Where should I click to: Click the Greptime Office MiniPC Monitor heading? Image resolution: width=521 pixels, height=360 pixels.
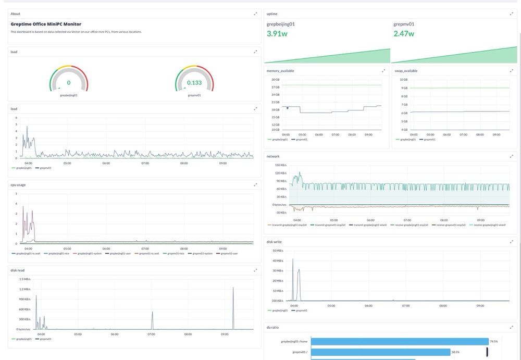46,24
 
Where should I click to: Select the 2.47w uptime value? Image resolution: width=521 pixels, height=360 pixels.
404,34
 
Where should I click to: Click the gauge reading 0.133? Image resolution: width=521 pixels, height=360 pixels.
194,83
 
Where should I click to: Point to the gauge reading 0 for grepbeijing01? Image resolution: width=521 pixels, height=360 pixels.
69,83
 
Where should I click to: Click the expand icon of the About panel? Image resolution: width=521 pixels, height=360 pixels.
255,14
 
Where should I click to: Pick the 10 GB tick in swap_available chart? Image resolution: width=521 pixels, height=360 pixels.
403,79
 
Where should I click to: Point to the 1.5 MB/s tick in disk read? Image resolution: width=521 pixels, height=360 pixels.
25,279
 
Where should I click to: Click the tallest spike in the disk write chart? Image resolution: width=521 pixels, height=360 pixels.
293,259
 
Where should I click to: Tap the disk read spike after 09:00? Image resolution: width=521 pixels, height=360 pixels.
233,288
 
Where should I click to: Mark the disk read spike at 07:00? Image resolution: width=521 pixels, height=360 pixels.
152,313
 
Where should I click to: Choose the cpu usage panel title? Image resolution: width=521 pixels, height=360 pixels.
18,184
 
